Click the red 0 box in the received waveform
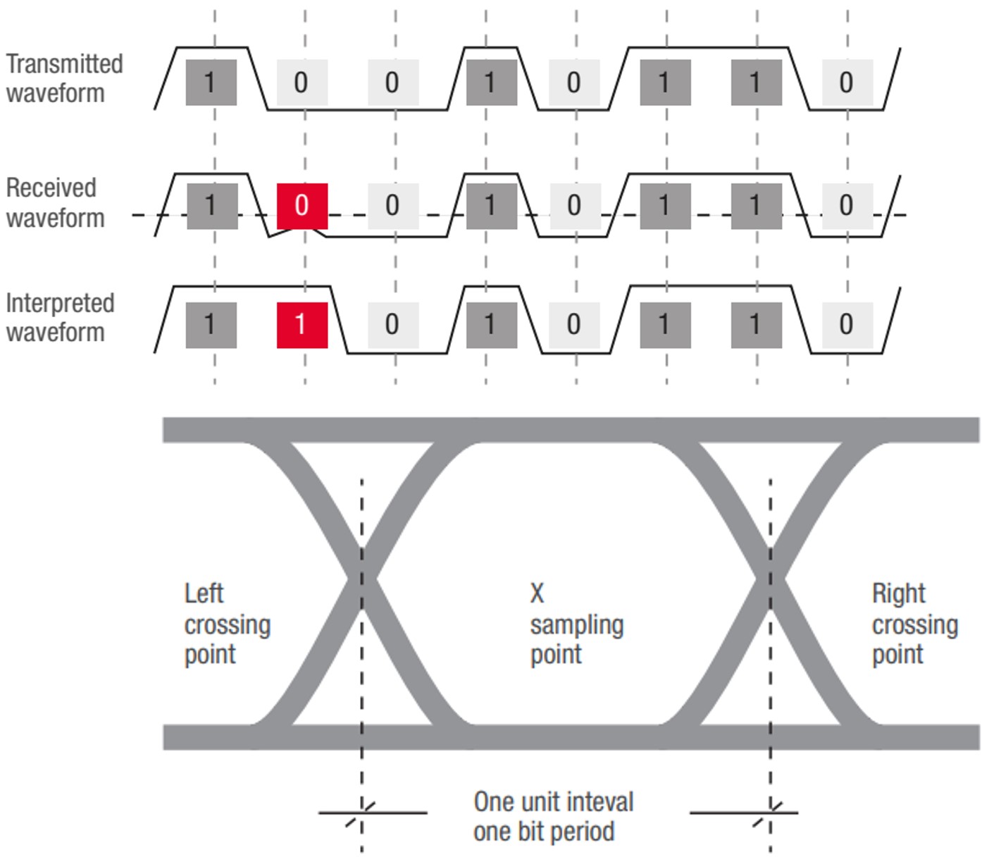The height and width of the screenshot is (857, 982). [302, 206]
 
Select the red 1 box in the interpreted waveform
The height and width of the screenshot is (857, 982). [302, 325]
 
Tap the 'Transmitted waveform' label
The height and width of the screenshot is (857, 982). [64, 78]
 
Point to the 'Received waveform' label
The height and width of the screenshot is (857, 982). [55, 203]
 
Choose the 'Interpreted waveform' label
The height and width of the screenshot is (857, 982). [60, 317]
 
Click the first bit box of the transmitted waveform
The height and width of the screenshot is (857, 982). [211, 82]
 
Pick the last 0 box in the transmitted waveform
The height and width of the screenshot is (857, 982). [847, 82]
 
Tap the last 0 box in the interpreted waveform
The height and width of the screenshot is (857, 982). [847, 325]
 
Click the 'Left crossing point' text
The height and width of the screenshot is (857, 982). [227, 624]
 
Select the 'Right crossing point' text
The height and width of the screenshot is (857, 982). [914, 624]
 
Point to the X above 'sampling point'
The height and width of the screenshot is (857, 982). [537, 593]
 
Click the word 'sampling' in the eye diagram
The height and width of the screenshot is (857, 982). [577, 625]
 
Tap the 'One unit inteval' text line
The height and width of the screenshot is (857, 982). [554, 802]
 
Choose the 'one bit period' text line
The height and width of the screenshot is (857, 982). [544, 832]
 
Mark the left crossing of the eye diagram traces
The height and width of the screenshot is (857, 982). [362, 579]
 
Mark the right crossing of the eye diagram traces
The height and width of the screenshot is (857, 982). [771, 579]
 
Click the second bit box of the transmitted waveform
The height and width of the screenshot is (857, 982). [302, 82]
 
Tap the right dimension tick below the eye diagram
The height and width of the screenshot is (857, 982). [771, 813]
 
